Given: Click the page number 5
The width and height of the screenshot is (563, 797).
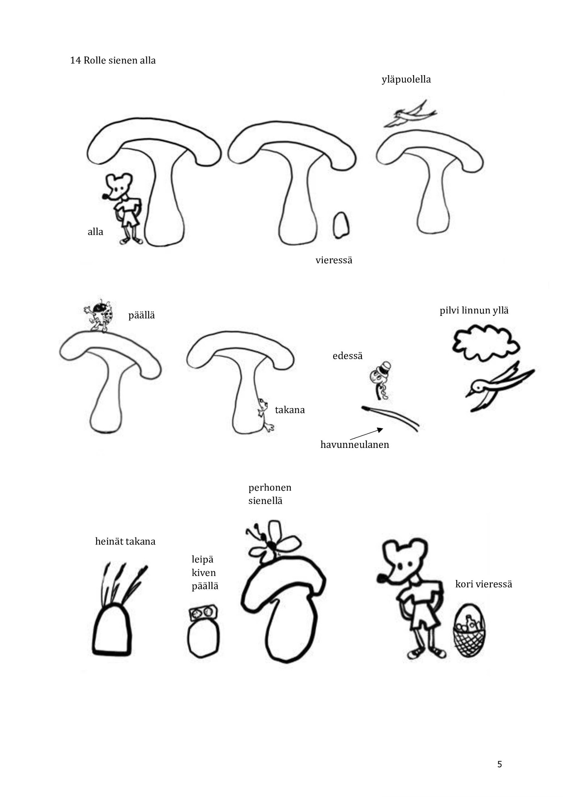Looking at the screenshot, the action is (500, 764).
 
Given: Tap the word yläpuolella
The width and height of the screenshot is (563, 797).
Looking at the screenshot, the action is (406, 79).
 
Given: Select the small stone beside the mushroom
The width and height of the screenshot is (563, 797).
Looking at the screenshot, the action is (341, 225).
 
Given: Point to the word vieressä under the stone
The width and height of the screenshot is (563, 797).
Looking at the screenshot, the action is (334, 260).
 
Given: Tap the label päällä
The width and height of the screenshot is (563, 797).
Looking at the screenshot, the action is (141, 315).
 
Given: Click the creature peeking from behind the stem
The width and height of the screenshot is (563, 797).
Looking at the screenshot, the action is (265, 415).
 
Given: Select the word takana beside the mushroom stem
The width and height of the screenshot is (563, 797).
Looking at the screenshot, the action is (290, 410).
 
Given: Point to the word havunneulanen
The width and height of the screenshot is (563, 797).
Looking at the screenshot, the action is (355, 445).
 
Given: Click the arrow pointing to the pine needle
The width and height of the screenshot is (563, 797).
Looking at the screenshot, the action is (366, 434).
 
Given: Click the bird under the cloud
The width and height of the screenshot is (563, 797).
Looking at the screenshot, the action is (499, 387).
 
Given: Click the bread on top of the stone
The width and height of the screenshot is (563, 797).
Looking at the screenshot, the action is (204, 612).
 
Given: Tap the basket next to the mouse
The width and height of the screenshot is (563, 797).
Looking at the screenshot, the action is (469, 631).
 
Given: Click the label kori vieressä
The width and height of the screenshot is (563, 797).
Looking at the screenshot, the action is (484, 584).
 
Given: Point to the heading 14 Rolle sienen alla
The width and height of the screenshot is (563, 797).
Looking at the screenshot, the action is (113, 61).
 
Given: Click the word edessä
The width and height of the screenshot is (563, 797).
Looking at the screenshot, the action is (348, 356).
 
